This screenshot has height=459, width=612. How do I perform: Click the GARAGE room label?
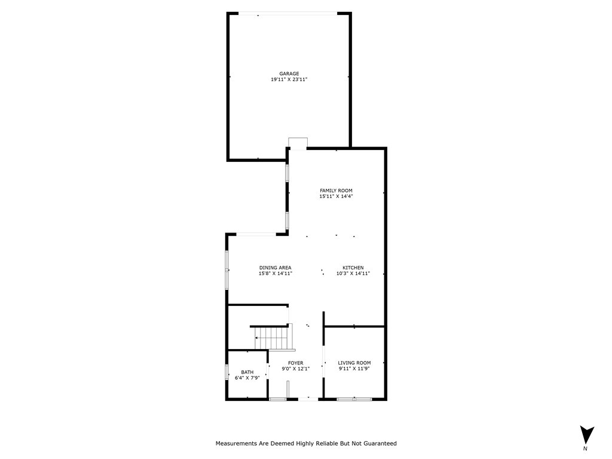[x=289, y=74]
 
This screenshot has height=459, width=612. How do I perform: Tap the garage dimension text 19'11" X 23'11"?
[x=289, y=79]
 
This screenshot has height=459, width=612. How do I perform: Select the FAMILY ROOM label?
[x=336, y=191]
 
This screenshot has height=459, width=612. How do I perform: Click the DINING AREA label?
[x=275, y=267]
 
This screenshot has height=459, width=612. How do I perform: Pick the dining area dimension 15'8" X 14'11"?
[x=275, y=273]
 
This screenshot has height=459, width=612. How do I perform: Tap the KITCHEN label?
[x=353, y=267]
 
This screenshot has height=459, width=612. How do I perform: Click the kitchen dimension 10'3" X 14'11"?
[x=353, y=273]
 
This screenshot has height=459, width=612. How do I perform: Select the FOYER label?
[x=295, y=363]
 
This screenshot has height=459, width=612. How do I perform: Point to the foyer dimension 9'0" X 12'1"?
[x=295, y=369]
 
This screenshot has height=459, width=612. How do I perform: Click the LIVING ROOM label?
[x=354, y=363]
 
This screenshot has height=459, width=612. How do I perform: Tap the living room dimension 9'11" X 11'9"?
[x=354, y=369]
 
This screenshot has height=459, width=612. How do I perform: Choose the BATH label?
[x=247, y=372]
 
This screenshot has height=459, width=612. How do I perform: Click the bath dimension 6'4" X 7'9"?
[x=247, y=378]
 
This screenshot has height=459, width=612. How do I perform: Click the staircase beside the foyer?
[x=273, y=338]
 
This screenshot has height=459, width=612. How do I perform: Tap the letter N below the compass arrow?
[x=586, y=448]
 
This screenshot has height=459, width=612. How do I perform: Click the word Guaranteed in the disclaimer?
[x=377, y=443]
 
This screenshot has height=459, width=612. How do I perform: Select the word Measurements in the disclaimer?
[x=236, y=443]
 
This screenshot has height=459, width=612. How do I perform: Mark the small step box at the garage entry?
[x=297, y=143]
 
